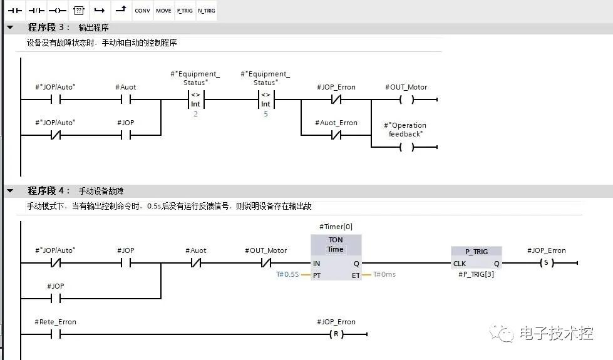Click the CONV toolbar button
pos(143,11)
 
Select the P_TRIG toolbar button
pos(184,11)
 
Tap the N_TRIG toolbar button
pos(206,11)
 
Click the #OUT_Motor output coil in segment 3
pos(406,100)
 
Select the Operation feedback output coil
pos(406,147)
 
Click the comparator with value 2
pos(195,100)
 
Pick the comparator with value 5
pos(265,100)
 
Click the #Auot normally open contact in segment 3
pos(126,100)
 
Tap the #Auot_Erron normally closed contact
pos(337,135)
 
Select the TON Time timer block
pos(336,257)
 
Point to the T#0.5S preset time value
pos(287,275)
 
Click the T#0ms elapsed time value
pos(384,275)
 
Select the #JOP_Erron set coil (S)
pos(547,264)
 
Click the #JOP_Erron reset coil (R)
pos(336,334)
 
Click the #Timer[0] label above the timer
pos(336,227)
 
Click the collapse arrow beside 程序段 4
pos(10,191)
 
